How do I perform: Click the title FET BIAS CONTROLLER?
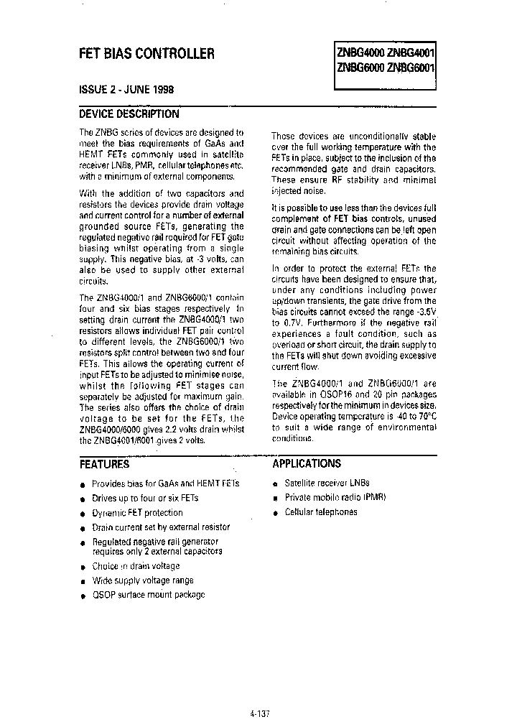click(146, 53)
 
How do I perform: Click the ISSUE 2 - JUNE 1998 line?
click(126, 90)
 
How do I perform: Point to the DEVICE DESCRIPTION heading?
click(129, 114)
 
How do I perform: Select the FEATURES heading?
click(104, 464)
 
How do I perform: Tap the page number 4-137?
click(261, 716)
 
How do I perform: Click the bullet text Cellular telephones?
click(321, 512)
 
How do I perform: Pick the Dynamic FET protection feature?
click(137, 513)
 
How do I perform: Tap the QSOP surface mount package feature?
click(149, 595)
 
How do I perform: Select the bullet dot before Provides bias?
click(83, 485)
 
